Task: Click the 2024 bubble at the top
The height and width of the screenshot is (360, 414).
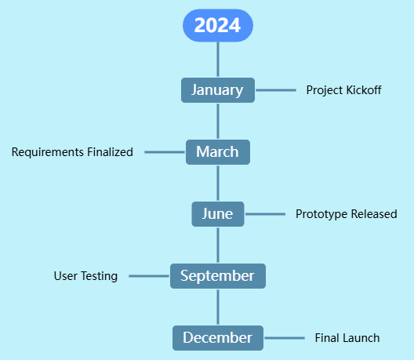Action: [217, 25]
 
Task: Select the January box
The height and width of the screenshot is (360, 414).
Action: [217, 90]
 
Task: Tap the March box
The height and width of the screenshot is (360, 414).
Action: [217, 152]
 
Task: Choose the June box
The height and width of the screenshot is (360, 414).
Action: [217, 214]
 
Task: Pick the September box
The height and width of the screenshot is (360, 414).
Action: [217, 276]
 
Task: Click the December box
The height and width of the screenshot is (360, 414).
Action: [217, 338]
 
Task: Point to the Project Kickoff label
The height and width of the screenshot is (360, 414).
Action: [343, 90]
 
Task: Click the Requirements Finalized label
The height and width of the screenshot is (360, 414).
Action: [72, 152]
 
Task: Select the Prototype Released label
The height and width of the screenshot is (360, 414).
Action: [346, 214]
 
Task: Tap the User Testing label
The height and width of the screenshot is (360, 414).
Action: [85, 276]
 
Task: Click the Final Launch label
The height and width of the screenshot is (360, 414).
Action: [347, 338]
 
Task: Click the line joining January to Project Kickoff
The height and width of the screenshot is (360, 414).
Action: [275, 90]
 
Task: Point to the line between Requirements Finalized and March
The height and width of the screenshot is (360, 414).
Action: [165, 152]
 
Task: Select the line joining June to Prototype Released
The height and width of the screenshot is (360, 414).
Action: [264, 214]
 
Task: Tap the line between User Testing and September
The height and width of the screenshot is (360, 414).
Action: [149, 276]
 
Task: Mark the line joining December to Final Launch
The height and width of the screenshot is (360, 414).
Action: [284, 338]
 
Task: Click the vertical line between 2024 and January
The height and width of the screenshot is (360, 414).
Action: [218, 60]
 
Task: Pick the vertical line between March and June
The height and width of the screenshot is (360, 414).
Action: [218, 183]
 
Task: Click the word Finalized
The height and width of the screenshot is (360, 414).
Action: [107, 152]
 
